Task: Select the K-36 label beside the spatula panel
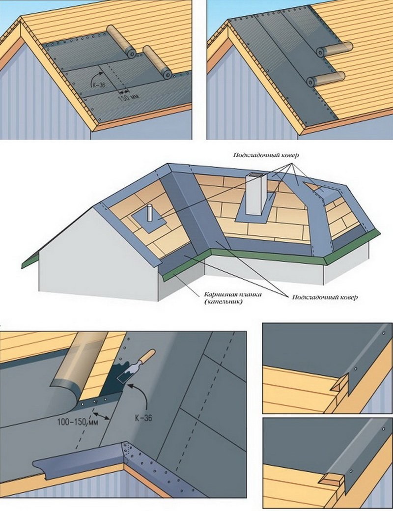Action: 143,418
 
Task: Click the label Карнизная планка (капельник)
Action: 233,298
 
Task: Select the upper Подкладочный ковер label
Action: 266,155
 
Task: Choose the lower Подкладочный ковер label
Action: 325,297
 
